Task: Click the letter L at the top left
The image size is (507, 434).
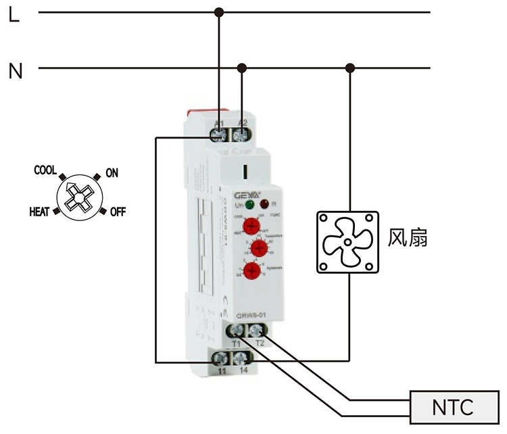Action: coord(14,14)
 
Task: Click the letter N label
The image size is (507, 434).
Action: coord(16,70)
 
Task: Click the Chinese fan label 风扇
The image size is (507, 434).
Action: coord(408,239)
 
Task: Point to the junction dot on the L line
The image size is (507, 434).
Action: coord(218,11)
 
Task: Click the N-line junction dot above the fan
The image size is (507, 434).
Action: coord(349,67)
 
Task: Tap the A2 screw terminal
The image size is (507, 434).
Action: coord(241,135)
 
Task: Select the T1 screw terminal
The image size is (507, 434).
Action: coord(237,331)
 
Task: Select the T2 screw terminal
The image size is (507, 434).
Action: coord(257,331)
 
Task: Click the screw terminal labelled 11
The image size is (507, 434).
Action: coord(221,358)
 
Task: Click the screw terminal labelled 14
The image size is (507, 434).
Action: coord(241,358)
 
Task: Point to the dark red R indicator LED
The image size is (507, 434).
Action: coord(264,204)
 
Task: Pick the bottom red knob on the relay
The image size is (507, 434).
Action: coord(251,272)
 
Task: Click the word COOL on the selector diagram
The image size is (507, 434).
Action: coord(45,171)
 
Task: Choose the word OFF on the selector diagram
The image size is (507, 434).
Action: coord(118,212)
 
